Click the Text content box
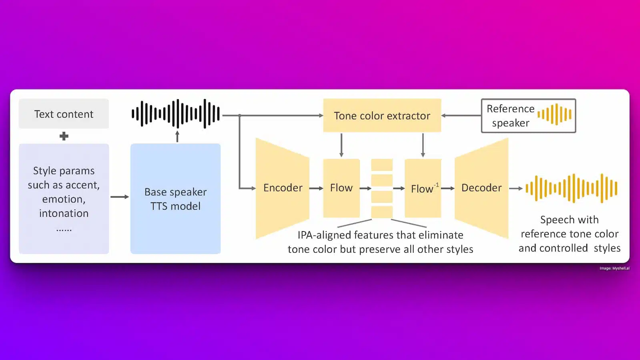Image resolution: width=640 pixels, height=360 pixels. point(64,114)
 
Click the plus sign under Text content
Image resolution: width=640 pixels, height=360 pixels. point(64,136)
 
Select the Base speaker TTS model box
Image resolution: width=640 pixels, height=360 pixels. point(175,199)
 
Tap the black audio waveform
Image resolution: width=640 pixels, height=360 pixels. point(176,114)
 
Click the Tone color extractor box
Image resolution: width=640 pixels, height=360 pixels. point(382,116)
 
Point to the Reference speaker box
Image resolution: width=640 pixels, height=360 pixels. point(528,116)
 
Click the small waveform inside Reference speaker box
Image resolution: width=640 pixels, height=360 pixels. point(554,114)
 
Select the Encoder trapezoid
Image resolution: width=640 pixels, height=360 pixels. point(283,188)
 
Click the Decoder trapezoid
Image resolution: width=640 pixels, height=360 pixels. point(481,188)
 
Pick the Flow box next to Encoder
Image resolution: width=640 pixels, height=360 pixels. point(341,188)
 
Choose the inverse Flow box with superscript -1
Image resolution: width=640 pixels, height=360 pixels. point(423,188)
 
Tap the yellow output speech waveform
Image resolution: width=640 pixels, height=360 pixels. point(572,188)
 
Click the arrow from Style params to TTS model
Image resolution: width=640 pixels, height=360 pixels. point(119,197)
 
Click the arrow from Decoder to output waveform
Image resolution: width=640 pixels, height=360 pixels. point(516,188)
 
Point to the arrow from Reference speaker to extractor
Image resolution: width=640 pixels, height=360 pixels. point(461,116)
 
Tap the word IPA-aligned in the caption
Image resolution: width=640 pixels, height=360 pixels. point(324,235)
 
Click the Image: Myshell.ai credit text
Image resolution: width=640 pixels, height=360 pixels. point(614,268)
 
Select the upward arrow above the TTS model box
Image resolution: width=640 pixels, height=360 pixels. point(177,136)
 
